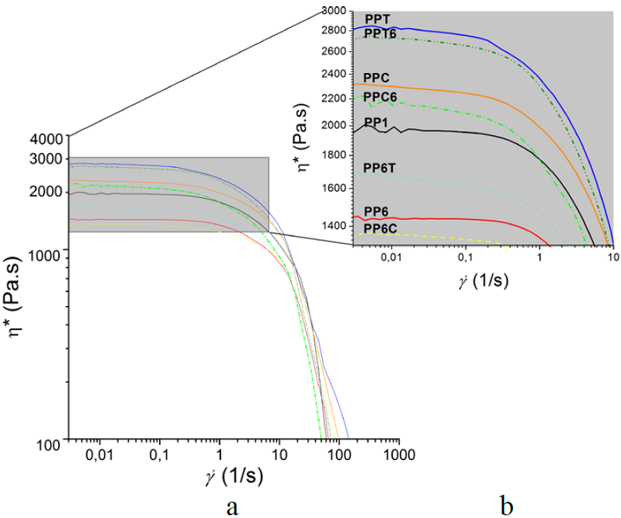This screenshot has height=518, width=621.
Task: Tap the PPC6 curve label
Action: coord(380,97)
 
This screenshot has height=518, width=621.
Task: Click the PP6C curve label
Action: coord(380,228)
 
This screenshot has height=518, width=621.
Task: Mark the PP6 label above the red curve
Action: coord(376,210)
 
